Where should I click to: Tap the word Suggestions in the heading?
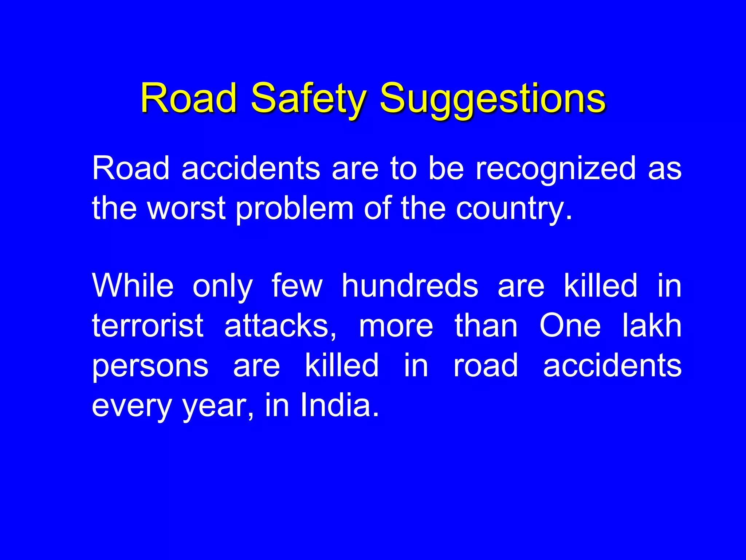point(493,98)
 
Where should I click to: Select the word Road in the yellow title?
point(189,98)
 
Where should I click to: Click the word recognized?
point(556,168)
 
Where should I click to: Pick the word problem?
point(295,208)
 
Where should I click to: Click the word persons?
point(150,366)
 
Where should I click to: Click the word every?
point(131,405)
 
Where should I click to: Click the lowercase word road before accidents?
point(486,366)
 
